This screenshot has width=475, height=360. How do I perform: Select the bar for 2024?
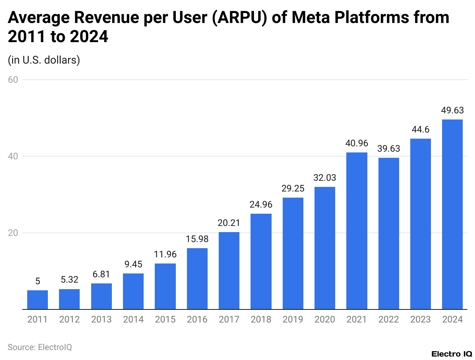452,214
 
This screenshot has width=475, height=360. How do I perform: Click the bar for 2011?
38,299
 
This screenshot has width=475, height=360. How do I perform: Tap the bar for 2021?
357,231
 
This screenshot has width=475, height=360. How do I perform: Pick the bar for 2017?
229,270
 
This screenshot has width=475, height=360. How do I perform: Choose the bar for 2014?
133,291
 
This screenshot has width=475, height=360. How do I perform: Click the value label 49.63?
452,111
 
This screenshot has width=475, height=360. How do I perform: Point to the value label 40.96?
357,144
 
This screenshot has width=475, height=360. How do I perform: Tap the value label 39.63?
388,149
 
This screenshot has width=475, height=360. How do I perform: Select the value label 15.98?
197,239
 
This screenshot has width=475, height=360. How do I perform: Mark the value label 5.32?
69,280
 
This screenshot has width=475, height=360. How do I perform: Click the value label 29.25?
293,189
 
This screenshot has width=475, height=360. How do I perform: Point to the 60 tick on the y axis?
15,80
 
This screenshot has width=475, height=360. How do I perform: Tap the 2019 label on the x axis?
293,319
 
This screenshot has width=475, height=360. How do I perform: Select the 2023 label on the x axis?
421,319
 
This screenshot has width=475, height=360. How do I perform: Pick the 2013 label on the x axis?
102,319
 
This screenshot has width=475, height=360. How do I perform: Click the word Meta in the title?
305,18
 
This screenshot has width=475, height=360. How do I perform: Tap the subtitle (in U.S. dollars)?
44,60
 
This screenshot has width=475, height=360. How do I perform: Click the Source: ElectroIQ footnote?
40,347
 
